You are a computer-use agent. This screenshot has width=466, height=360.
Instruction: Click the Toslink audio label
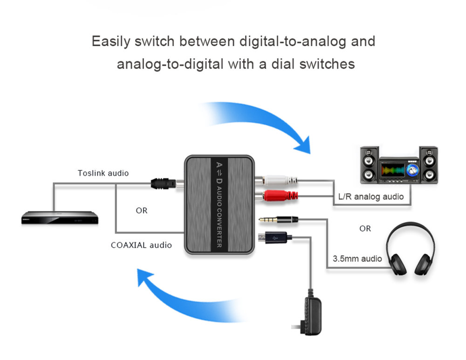(x=103, y=173)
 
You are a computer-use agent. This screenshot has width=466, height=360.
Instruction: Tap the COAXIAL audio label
(x=141, y=245)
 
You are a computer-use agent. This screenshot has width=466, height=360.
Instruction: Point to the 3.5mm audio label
(x=357, y=258)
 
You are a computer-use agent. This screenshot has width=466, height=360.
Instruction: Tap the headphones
(x=411, y=249)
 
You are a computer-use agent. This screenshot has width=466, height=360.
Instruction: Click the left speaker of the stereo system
(x=369, y=165)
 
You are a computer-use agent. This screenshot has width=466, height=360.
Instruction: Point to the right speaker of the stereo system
(x=429, y=165)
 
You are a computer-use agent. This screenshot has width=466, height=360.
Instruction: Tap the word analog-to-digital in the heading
(x=170, y=63)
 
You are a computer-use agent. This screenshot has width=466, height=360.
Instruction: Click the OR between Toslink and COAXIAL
(x=142, y=211)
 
